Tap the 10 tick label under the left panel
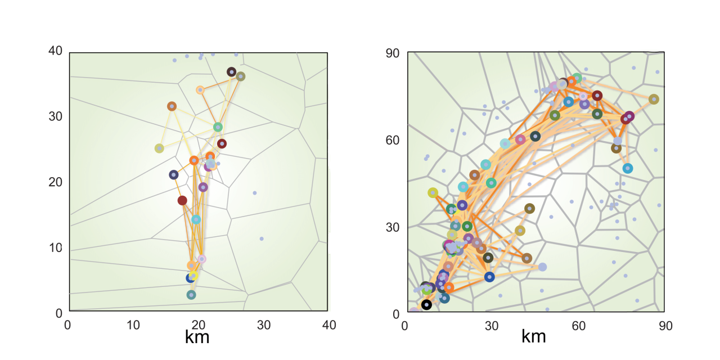133,325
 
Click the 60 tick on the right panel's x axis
578,325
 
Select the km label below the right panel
534,337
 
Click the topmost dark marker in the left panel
231,72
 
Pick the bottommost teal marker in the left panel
191,295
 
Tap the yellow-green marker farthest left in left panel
159,148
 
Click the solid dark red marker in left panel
182,200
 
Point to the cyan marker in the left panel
196,219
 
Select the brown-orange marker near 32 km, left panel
172,106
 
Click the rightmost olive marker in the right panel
654,100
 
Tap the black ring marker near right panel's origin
426,305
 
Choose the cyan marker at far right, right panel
628,168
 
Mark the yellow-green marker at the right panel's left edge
433,193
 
